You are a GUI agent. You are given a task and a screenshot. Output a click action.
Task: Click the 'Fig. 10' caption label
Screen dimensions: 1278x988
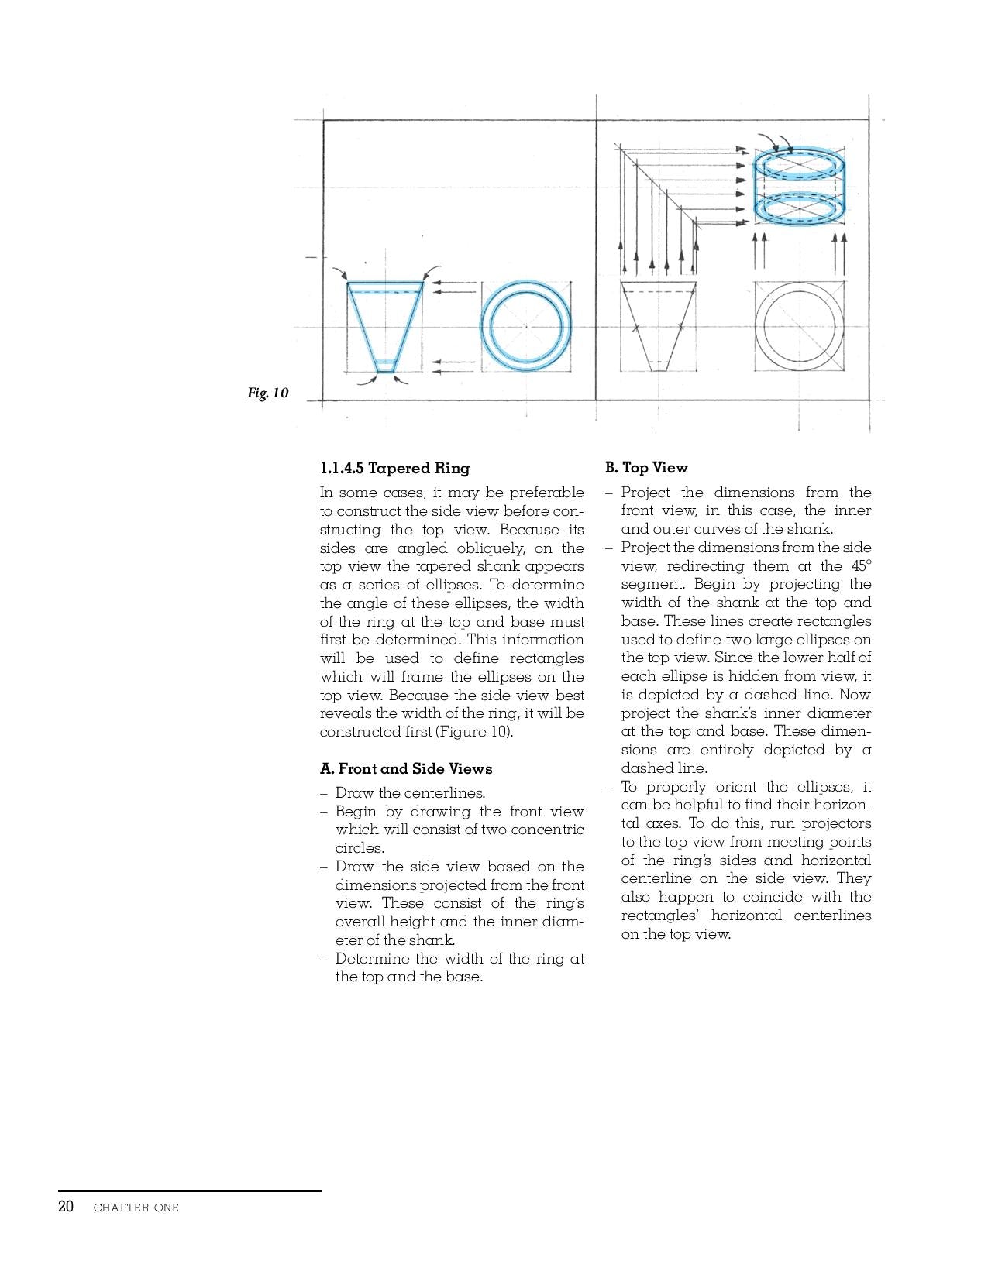[x=267, y=393]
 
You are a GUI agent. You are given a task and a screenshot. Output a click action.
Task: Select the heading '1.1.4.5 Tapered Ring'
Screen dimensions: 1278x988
[x=394, y=468]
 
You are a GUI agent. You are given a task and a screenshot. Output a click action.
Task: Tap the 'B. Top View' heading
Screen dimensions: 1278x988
[x=646, y=467]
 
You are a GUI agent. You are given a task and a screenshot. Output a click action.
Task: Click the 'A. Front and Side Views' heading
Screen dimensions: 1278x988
[x=406, y=768]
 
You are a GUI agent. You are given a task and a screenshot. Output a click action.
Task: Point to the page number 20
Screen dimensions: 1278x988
[x=66, y=1207]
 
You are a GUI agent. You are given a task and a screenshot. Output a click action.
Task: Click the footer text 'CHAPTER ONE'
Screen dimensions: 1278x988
[x=136, y=1208]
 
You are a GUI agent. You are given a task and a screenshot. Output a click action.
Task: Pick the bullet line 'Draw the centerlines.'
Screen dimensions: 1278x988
[x=410, y=793]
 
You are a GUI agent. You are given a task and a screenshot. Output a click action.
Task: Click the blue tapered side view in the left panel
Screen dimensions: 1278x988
[x=385, y=325]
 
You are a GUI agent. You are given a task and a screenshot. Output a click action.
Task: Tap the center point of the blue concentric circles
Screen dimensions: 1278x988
[x=526, y=326]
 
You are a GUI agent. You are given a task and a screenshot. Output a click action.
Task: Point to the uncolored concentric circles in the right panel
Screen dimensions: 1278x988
[x=799, y=326]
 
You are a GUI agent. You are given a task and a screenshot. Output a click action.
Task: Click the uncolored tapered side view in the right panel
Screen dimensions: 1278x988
[x=658, y=325]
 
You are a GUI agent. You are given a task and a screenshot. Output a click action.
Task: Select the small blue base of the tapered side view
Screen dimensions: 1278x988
[x=385, y=366]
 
